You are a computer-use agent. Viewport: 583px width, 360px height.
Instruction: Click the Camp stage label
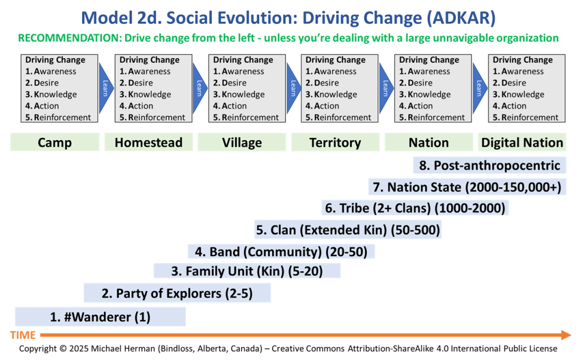tap(55, 142)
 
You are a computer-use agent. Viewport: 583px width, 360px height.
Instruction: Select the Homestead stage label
tap(149, 142)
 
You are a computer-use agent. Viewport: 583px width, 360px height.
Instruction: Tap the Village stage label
tap(241, 142)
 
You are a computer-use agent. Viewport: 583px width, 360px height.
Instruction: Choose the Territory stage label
tap(335, 142)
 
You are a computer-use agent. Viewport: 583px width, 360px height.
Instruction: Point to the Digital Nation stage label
tap(522, 142)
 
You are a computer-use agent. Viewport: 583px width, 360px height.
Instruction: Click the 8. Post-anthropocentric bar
tap(490, 165)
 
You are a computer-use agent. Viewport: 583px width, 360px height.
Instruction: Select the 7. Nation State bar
tap(467, 187)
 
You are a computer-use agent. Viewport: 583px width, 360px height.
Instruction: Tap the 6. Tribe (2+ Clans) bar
tap(415, 207)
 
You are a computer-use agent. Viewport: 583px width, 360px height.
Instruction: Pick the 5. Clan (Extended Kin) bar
tap(348, 230)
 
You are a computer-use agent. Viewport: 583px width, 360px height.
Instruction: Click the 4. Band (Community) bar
tap(281, 251)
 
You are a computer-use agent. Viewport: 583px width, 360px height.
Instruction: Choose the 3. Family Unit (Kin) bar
tap(247, 271)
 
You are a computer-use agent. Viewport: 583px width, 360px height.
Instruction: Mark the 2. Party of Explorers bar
tap(177, 293)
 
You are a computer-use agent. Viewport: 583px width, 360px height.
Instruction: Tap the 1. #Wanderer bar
tap(100, 317)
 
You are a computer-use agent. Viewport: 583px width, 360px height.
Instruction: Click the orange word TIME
tap(23, 335)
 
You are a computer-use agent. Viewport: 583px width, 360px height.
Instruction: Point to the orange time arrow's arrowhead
tap(566, 335)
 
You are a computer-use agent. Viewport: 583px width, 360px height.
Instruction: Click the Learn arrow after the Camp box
tap(106, 88)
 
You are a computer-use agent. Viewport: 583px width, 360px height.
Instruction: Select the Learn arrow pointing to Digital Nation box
tap(479, 88)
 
